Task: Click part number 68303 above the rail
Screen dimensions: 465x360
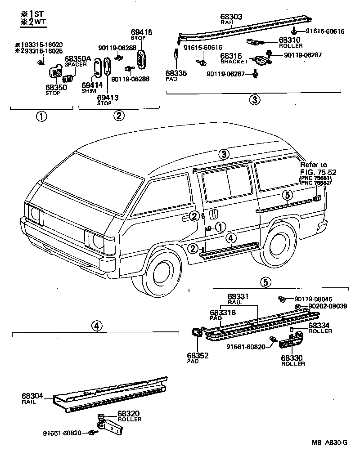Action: click(x=231, y=17)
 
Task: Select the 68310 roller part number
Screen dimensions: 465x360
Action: click(x=290, y=40)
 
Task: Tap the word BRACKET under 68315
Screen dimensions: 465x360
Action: click(x=234, y=61)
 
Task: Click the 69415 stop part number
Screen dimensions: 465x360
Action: click(x=142, y=32)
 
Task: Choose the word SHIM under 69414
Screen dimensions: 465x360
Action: click(x=89, y=91)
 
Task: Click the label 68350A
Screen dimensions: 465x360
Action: click(x=78, y=59)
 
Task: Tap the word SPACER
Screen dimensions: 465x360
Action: click(x=75, y=65)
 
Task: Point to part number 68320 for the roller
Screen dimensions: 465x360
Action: click(x=129, y=413)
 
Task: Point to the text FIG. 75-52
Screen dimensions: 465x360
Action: click(x=318, y=172)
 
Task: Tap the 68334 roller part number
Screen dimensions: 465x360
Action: click(x=320, y=325)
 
